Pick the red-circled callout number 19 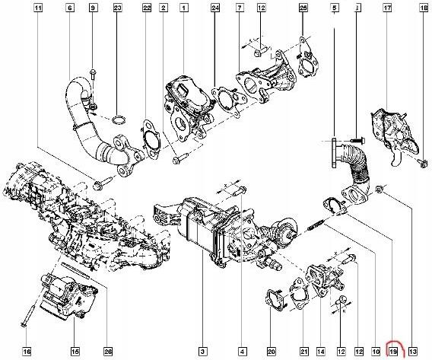[x=392, y=351]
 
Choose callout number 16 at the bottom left [x=26, y=351]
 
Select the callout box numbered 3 [x=203, y=351]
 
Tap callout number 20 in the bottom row [x=272, y=351]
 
